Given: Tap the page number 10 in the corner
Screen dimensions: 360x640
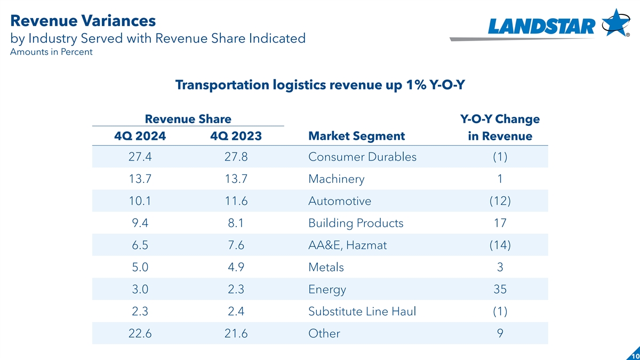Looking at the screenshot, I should tap(634, 355).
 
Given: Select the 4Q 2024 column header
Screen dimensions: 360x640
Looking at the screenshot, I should tap(140, 136).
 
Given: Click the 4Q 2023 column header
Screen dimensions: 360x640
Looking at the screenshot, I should tap(236, 136).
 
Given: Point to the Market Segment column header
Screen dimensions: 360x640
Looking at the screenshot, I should tap(356, 136).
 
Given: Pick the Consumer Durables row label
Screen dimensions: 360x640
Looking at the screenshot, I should tap(362, 157).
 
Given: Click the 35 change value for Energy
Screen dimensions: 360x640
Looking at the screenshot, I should tap(500, 289).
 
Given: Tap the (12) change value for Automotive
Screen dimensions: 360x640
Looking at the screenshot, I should tap(500, 201).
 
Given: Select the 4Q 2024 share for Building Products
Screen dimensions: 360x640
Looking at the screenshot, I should tap(140, 223).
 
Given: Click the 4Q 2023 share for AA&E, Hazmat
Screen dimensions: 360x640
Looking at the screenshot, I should tap(236, 245).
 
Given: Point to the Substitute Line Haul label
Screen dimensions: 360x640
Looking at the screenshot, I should tap(362, 311).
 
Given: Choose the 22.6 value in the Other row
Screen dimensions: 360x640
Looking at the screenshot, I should tap(140, 333).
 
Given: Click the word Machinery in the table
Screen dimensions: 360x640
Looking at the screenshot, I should tap(336, 179).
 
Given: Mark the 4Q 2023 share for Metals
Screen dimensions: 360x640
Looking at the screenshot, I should tap(236, 267).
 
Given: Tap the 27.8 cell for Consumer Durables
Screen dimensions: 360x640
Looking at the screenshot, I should tap(236, 157).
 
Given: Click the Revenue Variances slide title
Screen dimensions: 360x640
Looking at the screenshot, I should tap(83, 21).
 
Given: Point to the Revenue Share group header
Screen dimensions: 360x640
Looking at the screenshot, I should tap(188, 119).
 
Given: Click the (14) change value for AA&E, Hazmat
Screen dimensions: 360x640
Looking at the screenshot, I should tap(500, 245).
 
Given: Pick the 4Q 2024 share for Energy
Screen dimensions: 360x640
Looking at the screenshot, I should tap(140, 289).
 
